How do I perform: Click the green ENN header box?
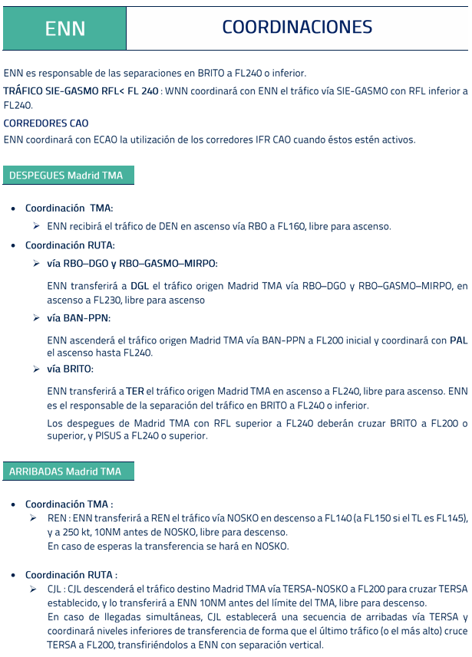pyautogui.click(x=64, y=28)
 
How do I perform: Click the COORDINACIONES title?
pyautogui.click(x=297, y=28)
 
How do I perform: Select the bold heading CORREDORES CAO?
pyautogui.click(x=46, y=123)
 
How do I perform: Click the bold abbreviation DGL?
pyautogui.click(x=140, y=286)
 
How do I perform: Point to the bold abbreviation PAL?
pyautogui.click(x=458, y=340)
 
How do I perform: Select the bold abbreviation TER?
pyautogui.click(x=135, y=391)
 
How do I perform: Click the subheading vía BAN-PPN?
pyautogui.click(x=78, y=317)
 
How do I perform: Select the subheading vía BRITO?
pyautogui.click(x=70, y=369)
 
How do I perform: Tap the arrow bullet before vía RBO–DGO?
pyautogui.click(x=36, y=264)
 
